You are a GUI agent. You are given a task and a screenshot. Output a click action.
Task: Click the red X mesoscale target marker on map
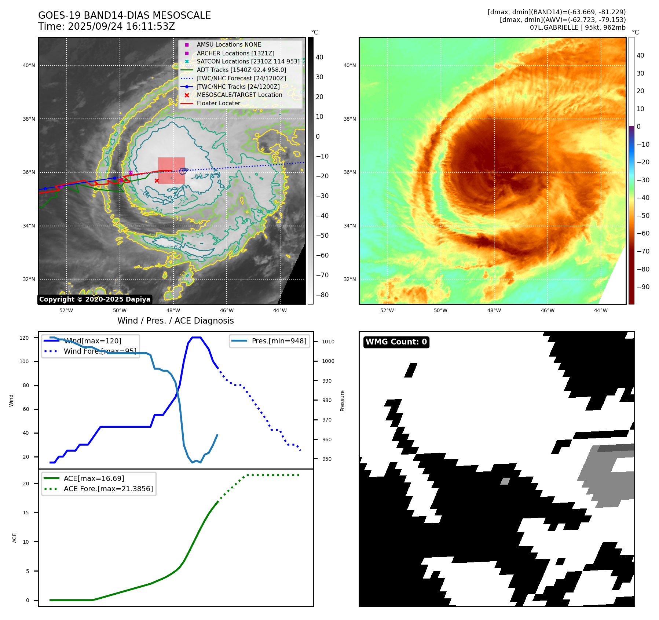pyautogui.click(x=157, y=180)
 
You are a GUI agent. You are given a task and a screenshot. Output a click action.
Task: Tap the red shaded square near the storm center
pyautogui.click(x=171, y=171)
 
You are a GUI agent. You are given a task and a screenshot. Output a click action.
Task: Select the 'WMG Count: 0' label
pyautogui.click(x=396, y=342)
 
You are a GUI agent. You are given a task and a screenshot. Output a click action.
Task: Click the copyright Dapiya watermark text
pyautogui.click(x=95, y=299)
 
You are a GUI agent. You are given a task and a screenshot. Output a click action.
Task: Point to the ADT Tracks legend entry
pyautogui.click(x=241, y=70)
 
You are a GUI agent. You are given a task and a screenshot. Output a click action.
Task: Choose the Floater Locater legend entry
pyautogui.click(x=218, y=103)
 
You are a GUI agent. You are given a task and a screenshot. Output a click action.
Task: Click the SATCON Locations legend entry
pyautogui.click(x=248, y=61)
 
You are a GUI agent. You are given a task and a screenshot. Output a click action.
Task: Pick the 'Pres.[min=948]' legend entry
pyautogui.click(x=279, y=341)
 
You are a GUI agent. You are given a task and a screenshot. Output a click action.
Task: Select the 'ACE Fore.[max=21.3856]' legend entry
pyautogui.click(x=108, y=489)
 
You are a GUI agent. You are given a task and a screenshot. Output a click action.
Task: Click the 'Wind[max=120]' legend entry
pyautogui.click(x=92, y=341)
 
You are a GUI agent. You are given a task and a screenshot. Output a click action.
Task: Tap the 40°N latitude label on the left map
pyautogui.click(x=29, y=66)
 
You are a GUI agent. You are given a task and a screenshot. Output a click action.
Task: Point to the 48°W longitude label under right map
pyautogui.click(x=494, y=310)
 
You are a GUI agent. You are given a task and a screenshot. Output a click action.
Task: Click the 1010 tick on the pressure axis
pyautogui.click(x=328, y=342)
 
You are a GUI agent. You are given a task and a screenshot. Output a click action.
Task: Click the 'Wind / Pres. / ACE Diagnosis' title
pyautogui.click(x=175, y=321)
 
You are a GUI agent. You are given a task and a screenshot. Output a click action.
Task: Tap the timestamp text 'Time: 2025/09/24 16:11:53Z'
pyautogui.click(x=106, y=26)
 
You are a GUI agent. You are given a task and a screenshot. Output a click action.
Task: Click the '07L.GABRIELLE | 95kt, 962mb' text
pyautogui.click(x=578, y=27)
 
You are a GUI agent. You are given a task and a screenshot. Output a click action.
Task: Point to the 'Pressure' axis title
pyautogui.click(x=342, y=401)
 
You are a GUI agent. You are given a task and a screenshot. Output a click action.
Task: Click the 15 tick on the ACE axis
pyautogui.click(x=26, y=513)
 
